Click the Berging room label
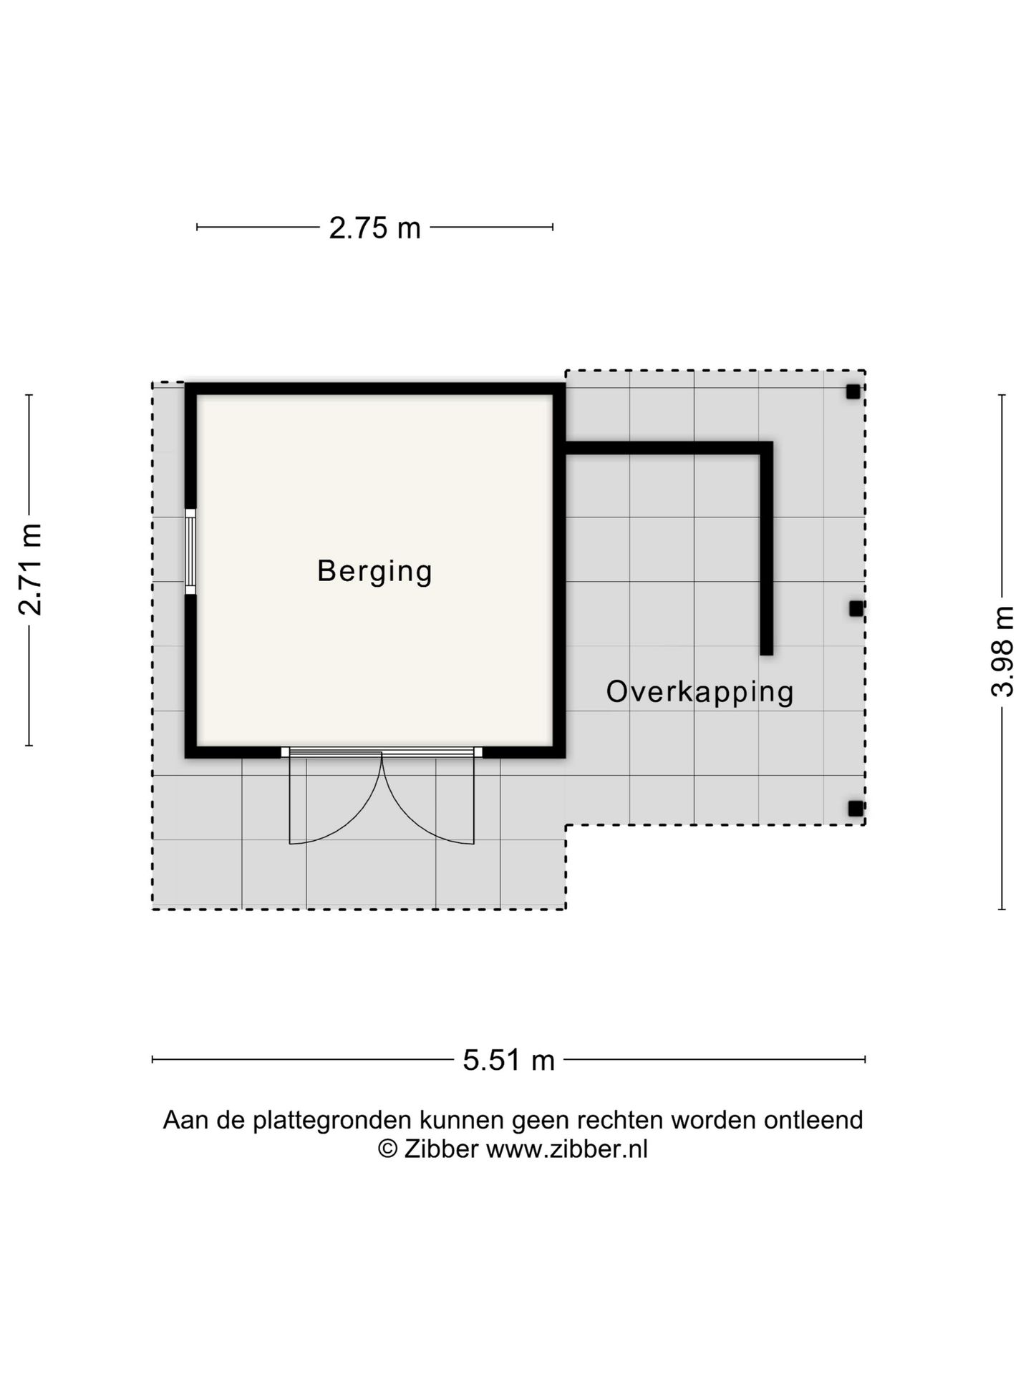click(374, 572)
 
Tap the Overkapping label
click(700, 692)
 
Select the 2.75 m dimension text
click(374, 228)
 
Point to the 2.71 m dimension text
click(31, 570)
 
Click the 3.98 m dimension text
click(1002, 651)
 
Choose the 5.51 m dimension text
click(508, 1060)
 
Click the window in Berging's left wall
click(190, 552)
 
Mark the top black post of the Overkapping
click(853, 391)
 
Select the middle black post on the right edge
click(856, 608)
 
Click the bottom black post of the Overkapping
click(856, 809)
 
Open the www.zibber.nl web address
click(567, 1149)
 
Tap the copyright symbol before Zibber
click(387, 1149)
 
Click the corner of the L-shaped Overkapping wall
click(766, 449)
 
